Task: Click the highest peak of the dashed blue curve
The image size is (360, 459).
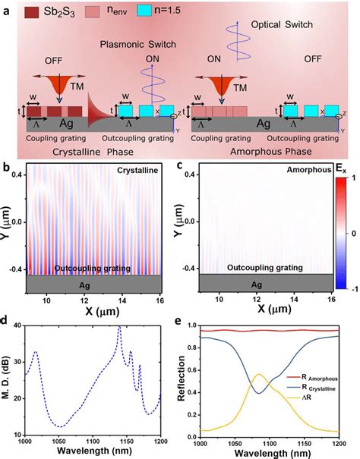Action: click(x=118, y=328)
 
